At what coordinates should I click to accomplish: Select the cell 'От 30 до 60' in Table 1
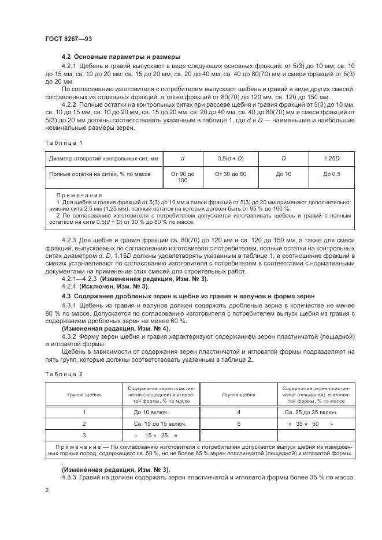click(x=230, y=173)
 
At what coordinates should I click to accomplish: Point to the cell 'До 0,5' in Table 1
click(x=332, y=173)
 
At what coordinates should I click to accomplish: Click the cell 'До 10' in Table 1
click(x=283, y=173)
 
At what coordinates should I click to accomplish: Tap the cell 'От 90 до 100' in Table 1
click(x=183, y=177)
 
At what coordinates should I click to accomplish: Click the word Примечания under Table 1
click(x=79, y=195)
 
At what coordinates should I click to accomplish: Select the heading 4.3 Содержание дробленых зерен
click(x=188, y=296)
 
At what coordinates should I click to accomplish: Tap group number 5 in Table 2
click(x=239, y=423)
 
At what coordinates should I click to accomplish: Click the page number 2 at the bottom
click(x=47, y=490)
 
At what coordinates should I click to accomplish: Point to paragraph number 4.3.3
click(x=72, y=478)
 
